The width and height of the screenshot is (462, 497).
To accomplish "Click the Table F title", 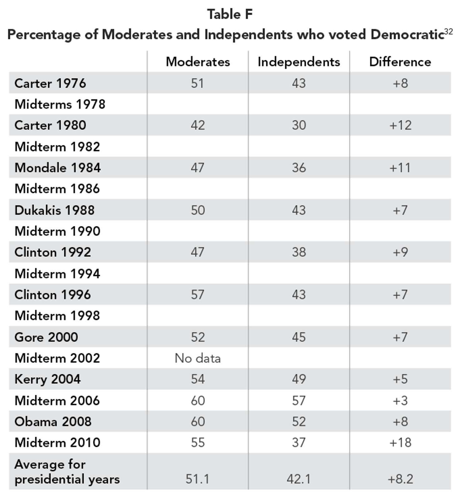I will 230,14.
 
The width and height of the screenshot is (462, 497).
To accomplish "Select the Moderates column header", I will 198,62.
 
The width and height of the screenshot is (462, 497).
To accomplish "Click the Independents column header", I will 299,62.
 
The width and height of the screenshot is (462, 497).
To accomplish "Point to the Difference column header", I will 400,62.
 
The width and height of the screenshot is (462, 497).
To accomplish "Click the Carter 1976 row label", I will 50,83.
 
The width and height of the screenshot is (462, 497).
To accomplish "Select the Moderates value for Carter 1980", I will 198,125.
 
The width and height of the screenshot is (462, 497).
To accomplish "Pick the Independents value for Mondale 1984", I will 299,168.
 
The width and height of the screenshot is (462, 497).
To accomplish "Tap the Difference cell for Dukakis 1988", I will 400,210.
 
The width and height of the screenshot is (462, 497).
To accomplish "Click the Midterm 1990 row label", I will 57,231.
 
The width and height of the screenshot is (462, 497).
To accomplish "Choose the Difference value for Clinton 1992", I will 400,252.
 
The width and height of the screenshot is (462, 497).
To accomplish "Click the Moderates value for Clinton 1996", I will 198,295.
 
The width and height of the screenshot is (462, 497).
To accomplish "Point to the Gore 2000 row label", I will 46,337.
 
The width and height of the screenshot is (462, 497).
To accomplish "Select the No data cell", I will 198,358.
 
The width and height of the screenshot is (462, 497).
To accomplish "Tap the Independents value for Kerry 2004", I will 299,379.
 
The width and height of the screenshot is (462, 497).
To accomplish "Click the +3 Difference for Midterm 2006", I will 400,401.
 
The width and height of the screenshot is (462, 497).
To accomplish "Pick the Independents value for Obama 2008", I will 299,421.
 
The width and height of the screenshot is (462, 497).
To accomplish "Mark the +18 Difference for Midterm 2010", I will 400,443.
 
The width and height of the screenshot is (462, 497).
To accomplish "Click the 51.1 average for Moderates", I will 197,479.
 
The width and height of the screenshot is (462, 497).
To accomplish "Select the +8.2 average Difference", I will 400,479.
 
